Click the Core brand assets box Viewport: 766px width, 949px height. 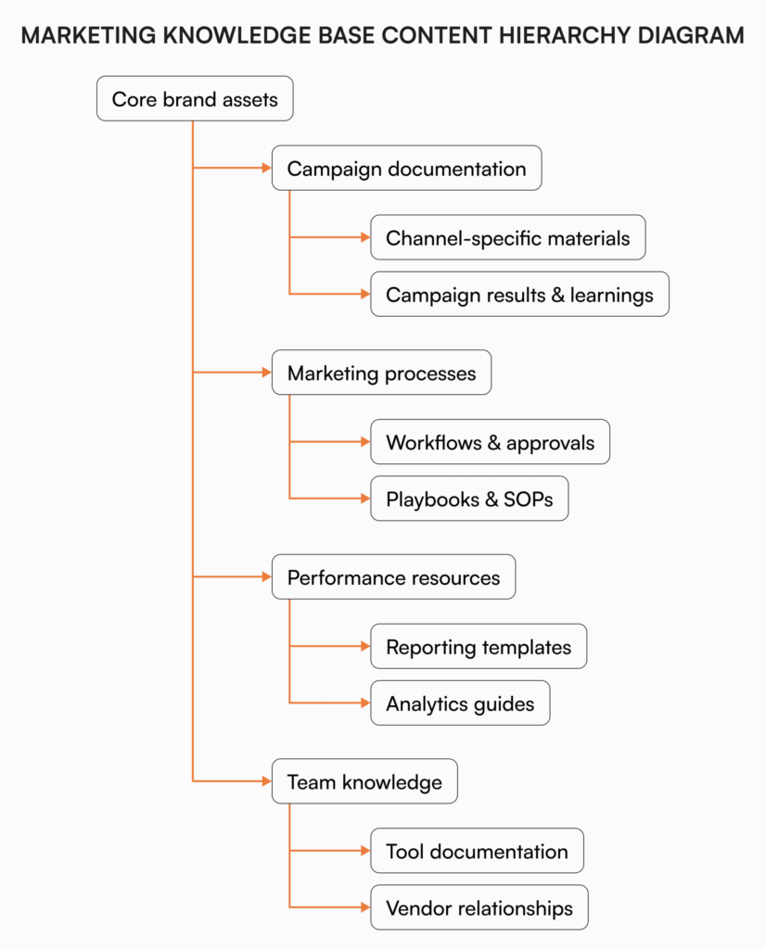coord(195,99)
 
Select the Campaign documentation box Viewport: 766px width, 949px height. coord(406,169)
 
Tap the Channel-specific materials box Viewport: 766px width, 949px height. coord(507,238)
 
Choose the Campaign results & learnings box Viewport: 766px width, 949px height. coord(519,295)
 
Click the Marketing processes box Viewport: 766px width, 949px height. coord(381,373)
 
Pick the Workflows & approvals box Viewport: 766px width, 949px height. coord(490,442)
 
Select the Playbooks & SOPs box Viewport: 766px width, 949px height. coord(469,500)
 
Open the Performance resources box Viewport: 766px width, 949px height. coord(393,577)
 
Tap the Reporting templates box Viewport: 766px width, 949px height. coord(479,647)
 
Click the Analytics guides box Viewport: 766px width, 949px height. coord(460,703)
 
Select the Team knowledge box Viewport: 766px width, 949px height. coord(364,782)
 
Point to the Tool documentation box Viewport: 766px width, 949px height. coord(477,852)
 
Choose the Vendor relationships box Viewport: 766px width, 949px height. coord(479,908)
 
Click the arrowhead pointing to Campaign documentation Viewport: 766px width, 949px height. coord(264,169)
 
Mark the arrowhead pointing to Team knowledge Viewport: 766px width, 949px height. coord(264,782)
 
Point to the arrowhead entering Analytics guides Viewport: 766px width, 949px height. coord(364,703)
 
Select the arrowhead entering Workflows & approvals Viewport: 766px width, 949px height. coord(364,442)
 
